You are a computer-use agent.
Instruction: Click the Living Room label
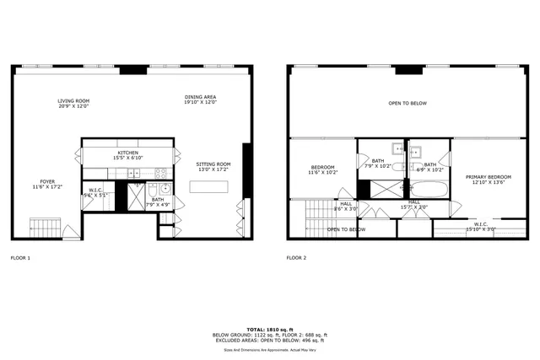[73, 103]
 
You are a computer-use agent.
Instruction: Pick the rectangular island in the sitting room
[208, 190]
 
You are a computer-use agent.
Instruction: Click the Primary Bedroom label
[483, 179]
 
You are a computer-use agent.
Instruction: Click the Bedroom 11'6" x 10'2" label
[323, 170]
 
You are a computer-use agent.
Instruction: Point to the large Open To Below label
[408, 103]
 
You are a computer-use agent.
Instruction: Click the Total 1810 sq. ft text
[269, 329]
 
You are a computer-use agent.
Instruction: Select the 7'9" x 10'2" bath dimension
[377, 165]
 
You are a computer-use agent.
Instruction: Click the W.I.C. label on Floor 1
[95, 191]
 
